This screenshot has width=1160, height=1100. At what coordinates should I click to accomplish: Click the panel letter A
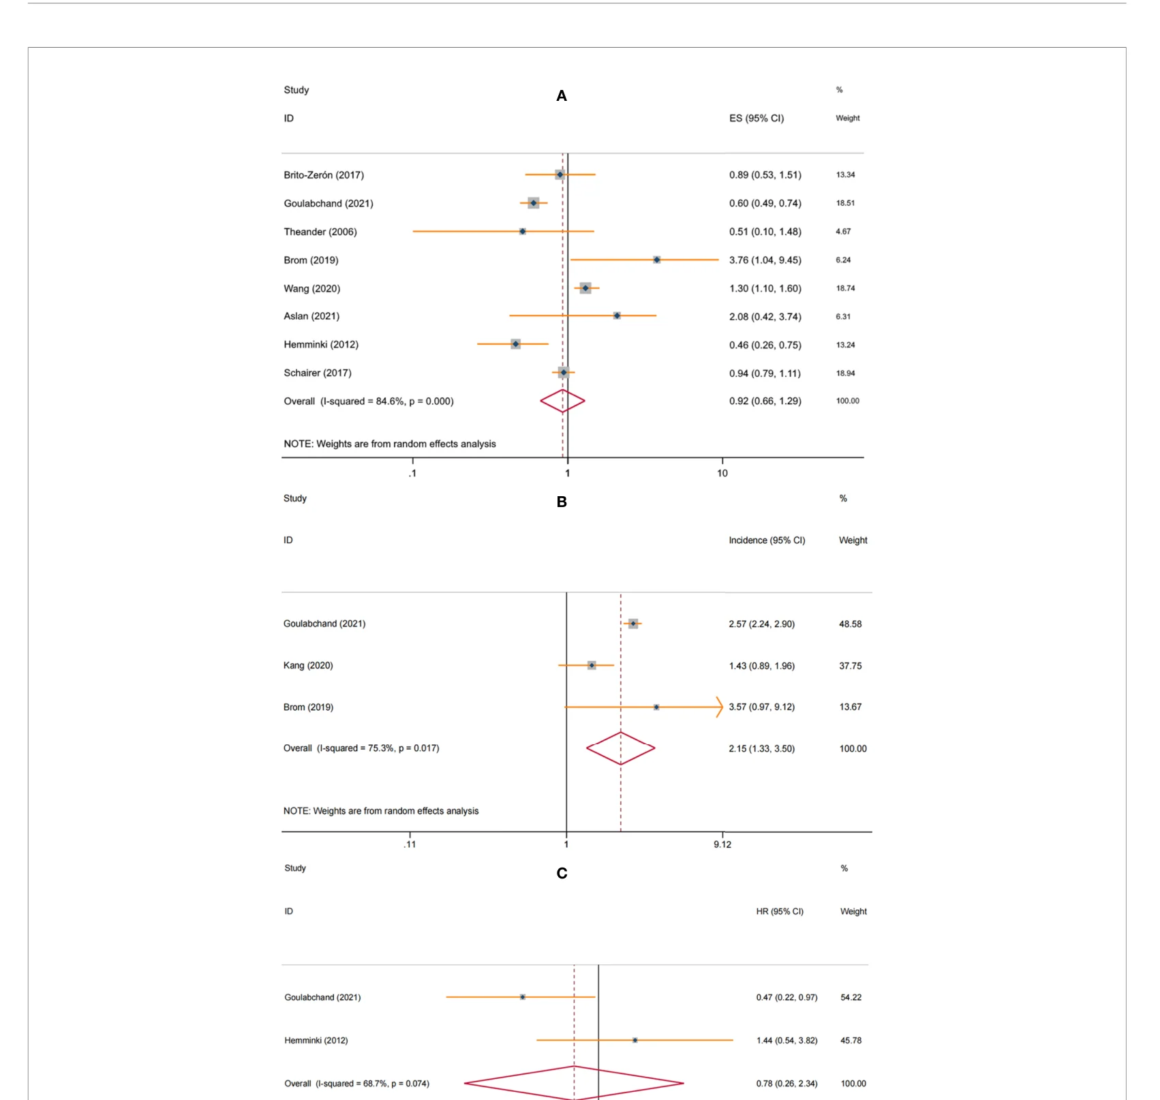click(x=562, y=96)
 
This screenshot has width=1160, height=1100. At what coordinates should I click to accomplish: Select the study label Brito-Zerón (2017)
click(x=324, y=175)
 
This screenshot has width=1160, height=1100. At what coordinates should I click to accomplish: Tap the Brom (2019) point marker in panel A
click(x=656, y=260)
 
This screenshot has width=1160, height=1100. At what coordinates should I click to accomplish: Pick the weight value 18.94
click(x=845, y=373)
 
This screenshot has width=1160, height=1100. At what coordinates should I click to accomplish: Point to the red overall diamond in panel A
click(x=562, y=401)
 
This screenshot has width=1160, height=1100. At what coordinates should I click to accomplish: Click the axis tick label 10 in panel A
click(x=722, y=474)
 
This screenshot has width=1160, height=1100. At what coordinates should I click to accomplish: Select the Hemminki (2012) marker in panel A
click(x=515, y=344)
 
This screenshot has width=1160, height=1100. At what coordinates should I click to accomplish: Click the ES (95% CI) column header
click(x=757, y=119)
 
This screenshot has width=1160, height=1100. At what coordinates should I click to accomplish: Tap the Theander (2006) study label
click(x=320, y=232)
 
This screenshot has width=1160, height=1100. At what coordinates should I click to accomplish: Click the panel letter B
click(x=562, y=502)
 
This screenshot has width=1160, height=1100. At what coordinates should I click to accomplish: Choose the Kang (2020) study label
click(x=308, y=665)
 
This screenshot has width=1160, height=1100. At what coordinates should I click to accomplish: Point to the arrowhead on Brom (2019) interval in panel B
click(x=720, y=707)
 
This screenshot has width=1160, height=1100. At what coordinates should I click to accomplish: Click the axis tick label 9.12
click(x=722, y=845)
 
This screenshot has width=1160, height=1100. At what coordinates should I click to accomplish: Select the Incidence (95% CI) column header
click(x=767, y=540)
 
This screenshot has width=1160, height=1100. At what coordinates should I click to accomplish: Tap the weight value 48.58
click(x=850, y=624)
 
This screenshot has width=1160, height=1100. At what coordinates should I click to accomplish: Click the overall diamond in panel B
click(x=620, y=748)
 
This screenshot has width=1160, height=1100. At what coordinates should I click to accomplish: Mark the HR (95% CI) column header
click(x=780, y=912)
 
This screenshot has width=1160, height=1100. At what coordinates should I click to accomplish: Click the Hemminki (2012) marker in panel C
click(x=635, y=1040)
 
